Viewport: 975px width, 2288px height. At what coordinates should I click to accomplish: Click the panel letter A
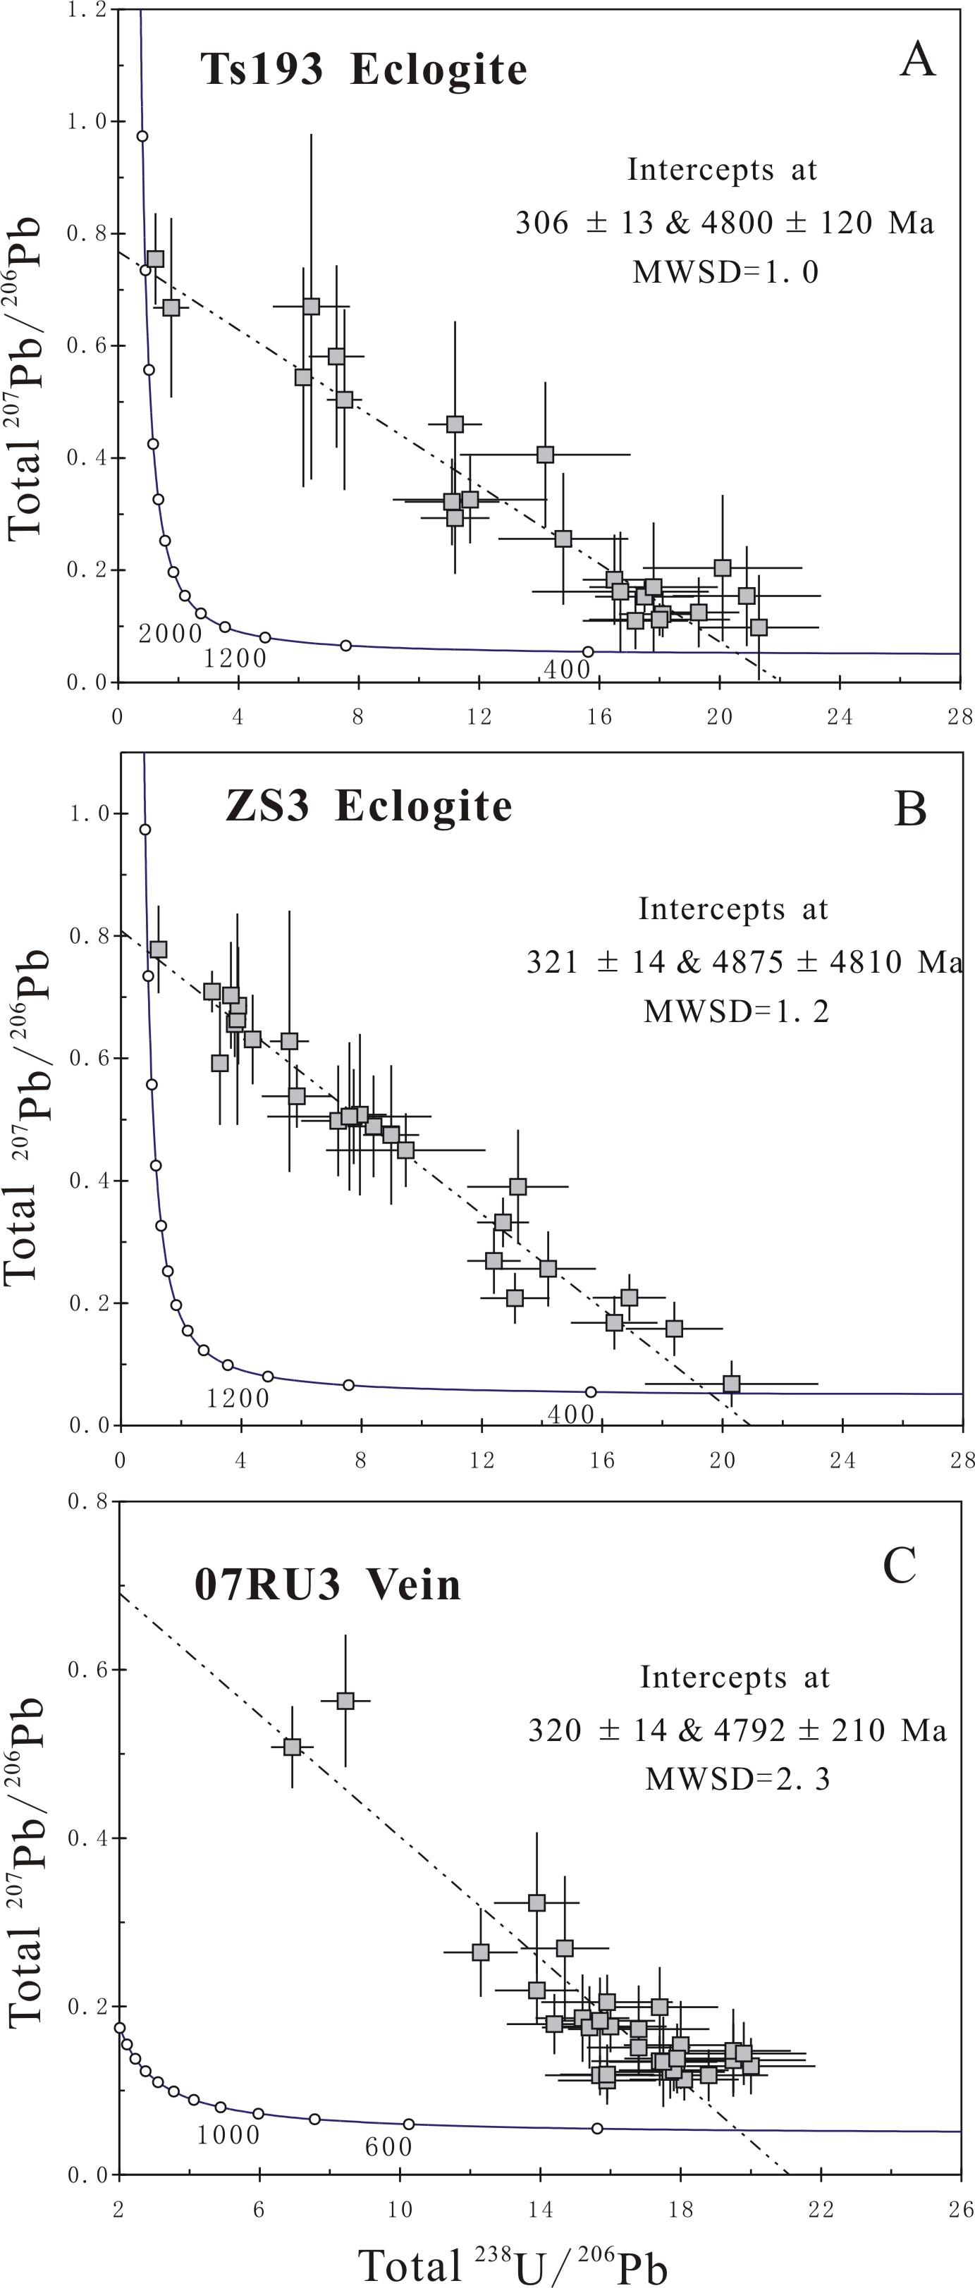click(917, 61)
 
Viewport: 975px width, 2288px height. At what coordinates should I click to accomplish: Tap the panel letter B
click(910, 809)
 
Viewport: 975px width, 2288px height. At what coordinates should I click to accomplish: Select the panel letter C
click(899, 1565)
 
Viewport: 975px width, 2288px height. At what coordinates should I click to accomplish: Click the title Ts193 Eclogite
click(363, 69)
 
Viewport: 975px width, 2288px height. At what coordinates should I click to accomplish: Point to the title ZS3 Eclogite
click(369, 806)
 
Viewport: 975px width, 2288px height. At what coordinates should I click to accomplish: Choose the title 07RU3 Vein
click(328, 1585)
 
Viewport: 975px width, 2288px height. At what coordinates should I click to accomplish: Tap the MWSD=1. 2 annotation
click(736, 1011)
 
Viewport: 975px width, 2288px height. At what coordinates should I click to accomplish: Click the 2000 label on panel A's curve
click(171, 633)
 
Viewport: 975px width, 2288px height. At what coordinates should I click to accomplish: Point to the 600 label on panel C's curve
click(389, 2147)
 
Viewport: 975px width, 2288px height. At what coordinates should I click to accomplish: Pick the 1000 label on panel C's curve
click(228, 2134)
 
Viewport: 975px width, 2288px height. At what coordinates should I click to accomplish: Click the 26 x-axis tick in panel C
click(961, 2209)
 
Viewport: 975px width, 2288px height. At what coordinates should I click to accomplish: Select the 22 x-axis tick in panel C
click(821, 2209)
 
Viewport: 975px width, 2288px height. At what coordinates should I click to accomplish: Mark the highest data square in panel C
click(345, 1700)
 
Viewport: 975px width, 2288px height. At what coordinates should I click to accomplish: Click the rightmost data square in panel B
click(731, 1383)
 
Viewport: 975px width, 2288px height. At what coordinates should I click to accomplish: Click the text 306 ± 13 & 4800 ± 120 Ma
click(725, 222)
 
